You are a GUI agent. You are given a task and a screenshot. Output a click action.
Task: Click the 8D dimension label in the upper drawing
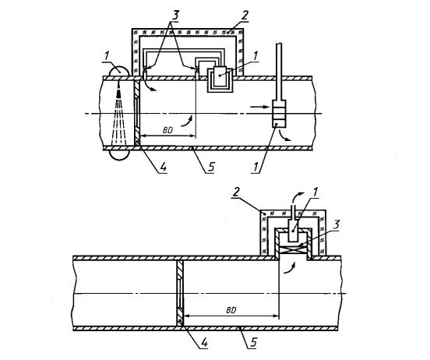(x=167, y=130)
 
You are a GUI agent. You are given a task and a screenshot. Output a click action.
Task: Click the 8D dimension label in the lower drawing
(x=231, y=310)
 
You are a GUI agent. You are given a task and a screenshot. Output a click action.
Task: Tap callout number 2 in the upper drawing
(x=244, y=16)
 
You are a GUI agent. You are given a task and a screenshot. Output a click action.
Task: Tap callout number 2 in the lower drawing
(x=234, y=192)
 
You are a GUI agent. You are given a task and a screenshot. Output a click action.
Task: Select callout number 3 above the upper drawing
(x=174, y=16)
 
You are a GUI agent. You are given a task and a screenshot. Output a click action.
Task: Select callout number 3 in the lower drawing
(x=336, y=224)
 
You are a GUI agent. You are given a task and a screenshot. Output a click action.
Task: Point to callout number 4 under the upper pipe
(x=163, y=166)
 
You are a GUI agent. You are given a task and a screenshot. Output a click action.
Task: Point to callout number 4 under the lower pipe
(x=204, y=343)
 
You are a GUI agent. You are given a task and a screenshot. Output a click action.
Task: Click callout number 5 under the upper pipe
(x=210, y=167)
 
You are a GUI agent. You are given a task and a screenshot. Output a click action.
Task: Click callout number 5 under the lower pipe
(x=254, y=342)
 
